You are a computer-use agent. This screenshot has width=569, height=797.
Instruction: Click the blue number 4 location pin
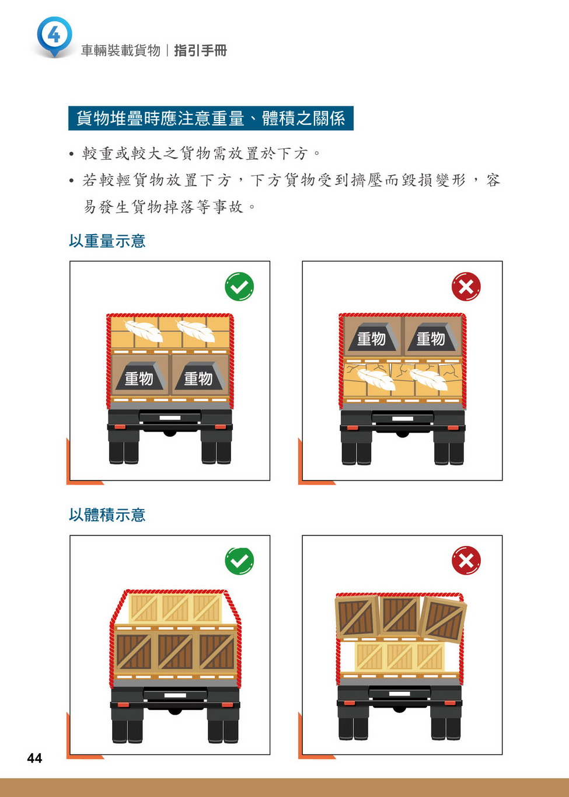54,36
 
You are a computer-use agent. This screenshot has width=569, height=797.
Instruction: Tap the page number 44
34,758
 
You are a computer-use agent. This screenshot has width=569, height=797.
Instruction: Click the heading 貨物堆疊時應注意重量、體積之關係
211,118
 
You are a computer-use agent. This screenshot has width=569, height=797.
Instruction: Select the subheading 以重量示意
107,241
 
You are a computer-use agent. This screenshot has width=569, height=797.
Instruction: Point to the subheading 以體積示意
107,515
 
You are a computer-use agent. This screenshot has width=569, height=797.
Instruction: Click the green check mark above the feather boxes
239,287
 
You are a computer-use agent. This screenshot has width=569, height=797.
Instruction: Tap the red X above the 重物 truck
466,287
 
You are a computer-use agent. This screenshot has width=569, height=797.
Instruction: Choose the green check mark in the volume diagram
239,561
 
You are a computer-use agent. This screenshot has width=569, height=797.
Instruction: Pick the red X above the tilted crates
466,561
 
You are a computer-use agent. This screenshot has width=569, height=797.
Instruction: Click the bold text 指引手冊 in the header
200,51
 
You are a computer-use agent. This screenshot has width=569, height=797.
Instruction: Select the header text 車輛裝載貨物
121,51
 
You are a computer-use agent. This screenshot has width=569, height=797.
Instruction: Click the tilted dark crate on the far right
443,619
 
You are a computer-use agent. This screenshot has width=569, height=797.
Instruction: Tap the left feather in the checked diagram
144,330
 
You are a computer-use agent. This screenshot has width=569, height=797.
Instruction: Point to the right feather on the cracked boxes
428,380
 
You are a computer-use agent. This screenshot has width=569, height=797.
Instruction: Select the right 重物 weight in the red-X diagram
431,337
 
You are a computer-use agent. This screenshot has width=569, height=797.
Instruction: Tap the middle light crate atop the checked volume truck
177,608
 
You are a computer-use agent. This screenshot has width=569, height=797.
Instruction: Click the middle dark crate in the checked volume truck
175,652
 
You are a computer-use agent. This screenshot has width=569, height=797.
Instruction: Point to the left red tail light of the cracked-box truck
352,427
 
